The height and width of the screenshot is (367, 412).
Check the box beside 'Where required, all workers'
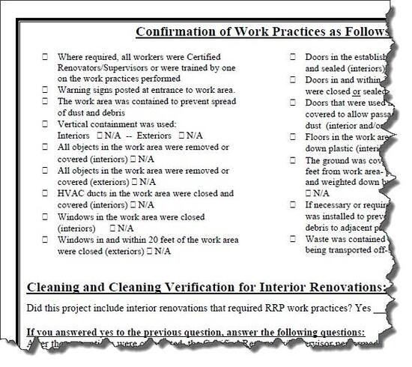(45, 57)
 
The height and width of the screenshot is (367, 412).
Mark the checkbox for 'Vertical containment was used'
(45, 124)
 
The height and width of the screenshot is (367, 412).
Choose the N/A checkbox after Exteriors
(181, 136)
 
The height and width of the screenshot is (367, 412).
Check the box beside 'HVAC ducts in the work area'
(45, 192)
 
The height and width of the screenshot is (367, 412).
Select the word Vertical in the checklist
(73, 124)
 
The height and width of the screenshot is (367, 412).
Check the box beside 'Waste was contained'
(294, 240)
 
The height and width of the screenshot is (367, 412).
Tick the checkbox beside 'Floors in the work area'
(294, 137)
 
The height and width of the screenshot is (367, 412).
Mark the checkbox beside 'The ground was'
(294, 160)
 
